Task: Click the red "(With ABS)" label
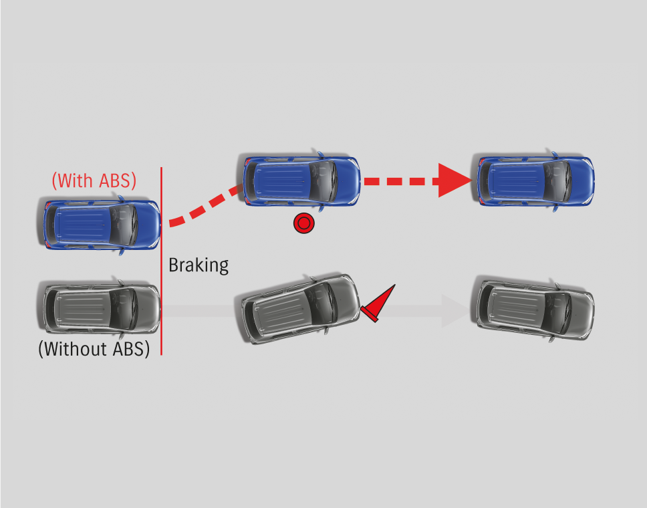tap(94, 180)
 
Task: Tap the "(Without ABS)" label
tap(94, 348)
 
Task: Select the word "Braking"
tap(199, 265)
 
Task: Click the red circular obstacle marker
tap(303, 223)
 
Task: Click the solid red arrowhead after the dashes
tap(454, 180)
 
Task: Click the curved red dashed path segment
tap(204, 207)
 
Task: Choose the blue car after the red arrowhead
tap(535, 181)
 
